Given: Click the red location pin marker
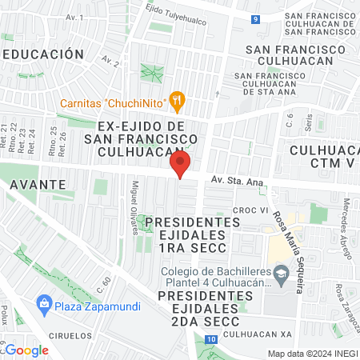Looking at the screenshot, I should (180, 166).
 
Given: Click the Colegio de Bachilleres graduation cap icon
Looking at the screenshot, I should (282, 275).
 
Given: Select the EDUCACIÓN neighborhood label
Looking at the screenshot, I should (45, 54).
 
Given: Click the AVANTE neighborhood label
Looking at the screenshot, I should (38, 183).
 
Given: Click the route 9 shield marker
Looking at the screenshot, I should (255, 19).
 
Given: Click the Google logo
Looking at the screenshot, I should (26, 350).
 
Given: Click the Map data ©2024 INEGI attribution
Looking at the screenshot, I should (311, 354).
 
